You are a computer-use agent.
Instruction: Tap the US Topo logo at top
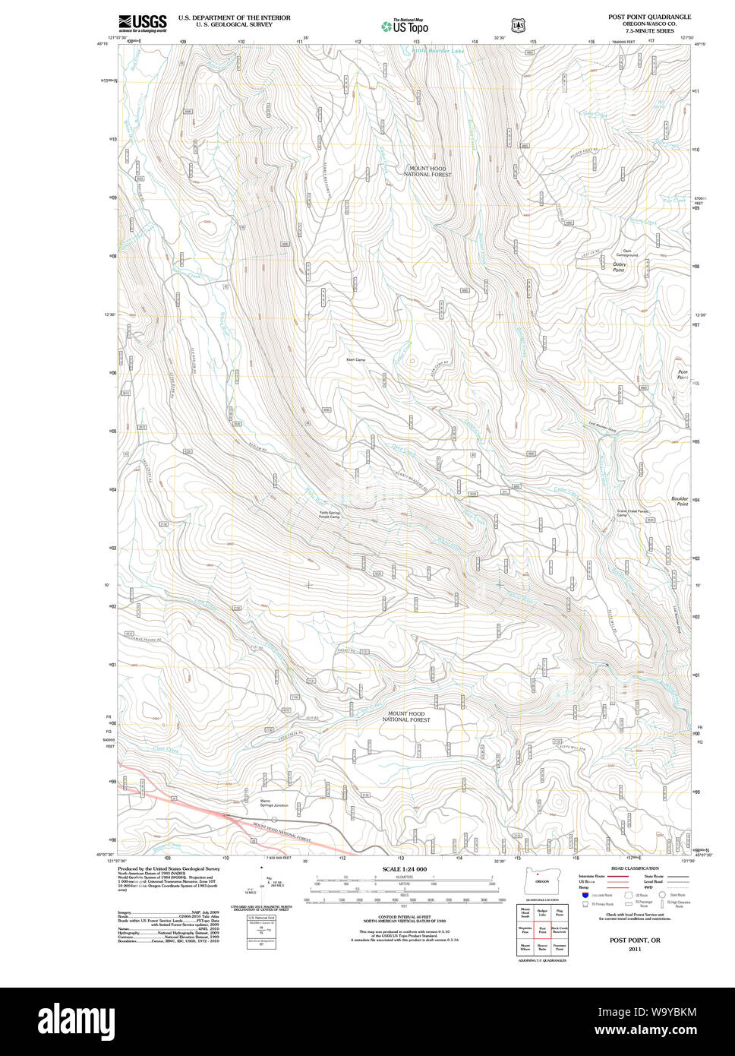point(405,26)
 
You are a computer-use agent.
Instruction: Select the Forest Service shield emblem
point(519,26)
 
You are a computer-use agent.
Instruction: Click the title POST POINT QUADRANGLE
point(649,16)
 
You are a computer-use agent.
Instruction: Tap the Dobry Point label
point(619,267)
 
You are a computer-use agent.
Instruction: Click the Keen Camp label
point(355,359)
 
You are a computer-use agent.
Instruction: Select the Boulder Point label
point(680,501)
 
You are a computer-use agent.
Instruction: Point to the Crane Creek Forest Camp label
point(633,514)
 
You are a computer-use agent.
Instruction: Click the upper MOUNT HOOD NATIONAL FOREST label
point(427,172)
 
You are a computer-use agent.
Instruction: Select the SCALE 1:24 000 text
point(404,869)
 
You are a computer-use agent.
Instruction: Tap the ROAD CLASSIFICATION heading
point(635,868)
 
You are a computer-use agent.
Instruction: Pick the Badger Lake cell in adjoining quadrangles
point(542,913)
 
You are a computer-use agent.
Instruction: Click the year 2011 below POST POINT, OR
point(635,949)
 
